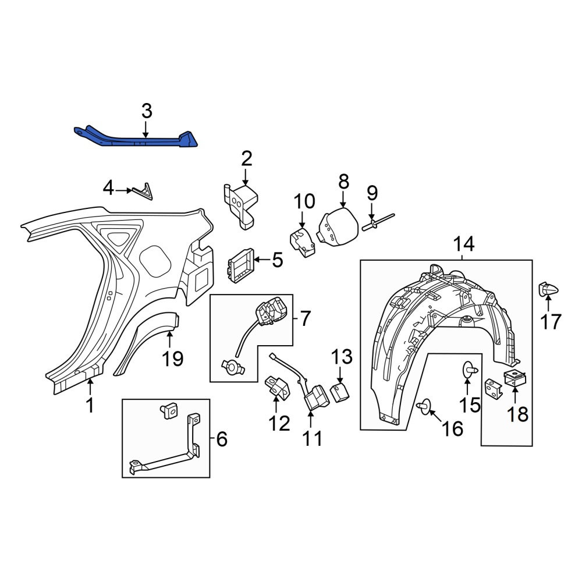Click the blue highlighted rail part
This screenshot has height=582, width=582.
(141, 140)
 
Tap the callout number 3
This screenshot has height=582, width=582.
(147, 111)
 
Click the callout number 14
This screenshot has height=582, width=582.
(464, 244)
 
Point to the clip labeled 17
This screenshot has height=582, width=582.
(548, 289)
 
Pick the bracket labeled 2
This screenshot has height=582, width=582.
(242, 205)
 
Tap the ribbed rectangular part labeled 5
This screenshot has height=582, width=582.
(241, 265)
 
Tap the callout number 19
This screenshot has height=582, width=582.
(173, 359)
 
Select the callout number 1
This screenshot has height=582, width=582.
(90, 405)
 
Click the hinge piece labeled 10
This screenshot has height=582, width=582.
(303, 243)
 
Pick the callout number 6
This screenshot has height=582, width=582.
(222, 439)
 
